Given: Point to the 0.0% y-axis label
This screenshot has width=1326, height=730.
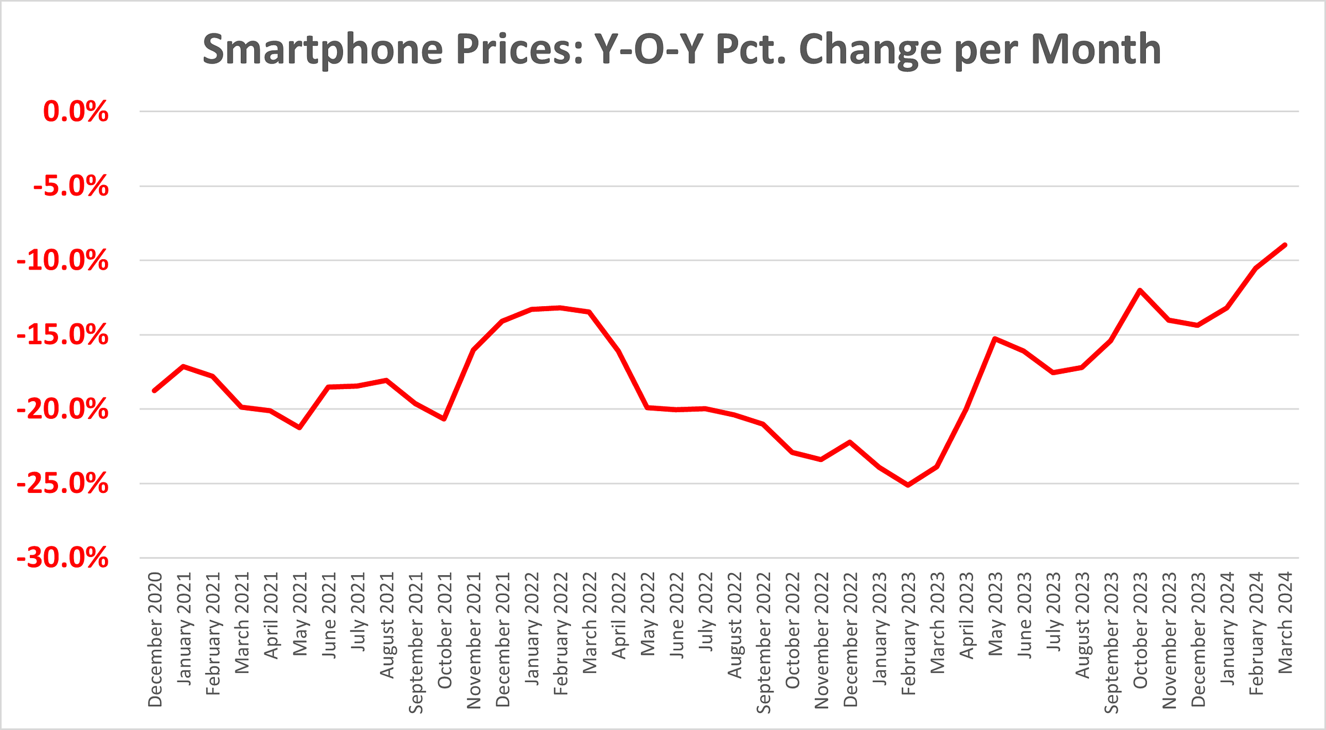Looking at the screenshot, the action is [x=76, y=112].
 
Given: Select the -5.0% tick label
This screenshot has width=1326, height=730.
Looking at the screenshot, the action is [x=71, y=186].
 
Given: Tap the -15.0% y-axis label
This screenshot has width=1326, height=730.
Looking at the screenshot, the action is [x=63, y=335].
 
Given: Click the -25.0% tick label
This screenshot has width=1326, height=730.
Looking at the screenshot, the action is [x=63, y=484].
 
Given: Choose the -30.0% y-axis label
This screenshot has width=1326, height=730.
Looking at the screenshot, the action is [x=63, y=558].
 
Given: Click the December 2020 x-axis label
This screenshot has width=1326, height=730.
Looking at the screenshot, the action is [x=155, y=639].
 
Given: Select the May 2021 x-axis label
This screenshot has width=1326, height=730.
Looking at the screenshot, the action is [x=300, y=614].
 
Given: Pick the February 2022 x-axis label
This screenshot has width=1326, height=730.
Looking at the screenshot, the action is [x=561, y=633].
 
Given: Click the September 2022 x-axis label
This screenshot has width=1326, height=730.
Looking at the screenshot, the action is [x=764, y=643].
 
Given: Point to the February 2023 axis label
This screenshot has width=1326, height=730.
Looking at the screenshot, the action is [x=908, y=633].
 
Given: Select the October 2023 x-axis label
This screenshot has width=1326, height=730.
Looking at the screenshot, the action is [x=1140, y=630].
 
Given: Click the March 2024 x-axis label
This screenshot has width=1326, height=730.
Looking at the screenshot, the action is [x=1285, y=622].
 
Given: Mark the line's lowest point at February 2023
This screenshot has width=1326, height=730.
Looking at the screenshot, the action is [x=908, y=485].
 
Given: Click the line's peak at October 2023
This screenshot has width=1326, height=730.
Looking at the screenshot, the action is [x=1139, y=290].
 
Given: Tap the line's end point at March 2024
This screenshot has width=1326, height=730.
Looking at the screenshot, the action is [x=1285, y=245].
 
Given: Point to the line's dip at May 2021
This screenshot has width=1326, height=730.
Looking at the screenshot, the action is [x=299, y=428].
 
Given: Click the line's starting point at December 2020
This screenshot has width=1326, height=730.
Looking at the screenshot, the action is [x=155, y=391].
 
